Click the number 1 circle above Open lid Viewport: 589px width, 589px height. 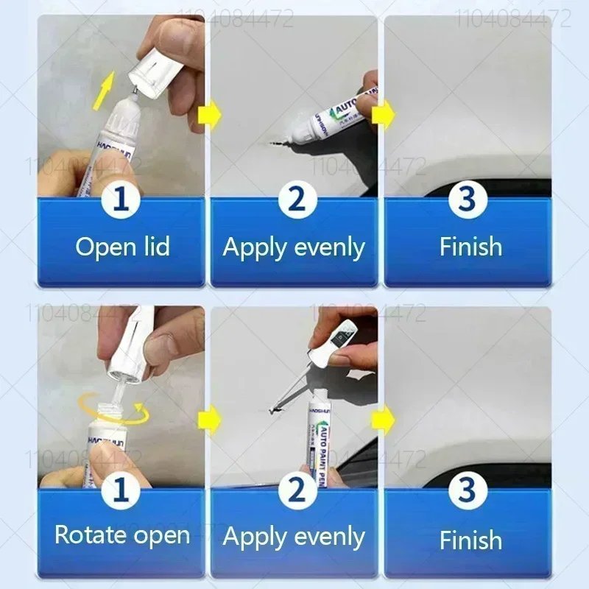pos(122,199)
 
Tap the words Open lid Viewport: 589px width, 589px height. pos(122,247)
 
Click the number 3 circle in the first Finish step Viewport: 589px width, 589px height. pos(468,199)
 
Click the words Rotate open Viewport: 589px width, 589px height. pos(122,535)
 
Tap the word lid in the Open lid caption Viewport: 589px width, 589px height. pos(153,247)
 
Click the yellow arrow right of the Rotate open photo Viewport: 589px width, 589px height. pos(208,421)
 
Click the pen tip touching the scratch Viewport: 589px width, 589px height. pos(291,135)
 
